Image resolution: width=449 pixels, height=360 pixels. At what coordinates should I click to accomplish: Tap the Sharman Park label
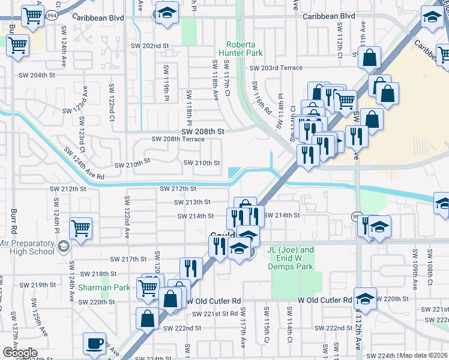tap(104, 287)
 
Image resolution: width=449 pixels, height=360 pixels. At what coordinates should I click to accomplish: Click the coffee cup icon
tap(95, 343)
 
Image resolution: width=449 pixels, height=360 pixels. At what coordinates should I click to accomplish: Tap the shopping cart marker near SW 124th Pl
tap(80, 228)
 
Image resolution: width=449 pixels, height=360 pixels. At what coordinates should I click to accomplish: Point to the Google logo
tap(19, 353)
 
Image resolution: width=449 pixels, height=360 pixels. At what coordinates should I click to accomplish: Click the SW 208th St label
tap(203, 131)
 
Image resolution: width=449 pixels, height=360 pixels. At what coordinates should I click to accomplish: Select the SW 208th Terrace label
tap(178, 139)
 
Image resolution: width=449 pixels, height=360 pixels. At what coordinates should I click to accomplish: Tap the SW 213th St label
tap(194, 202)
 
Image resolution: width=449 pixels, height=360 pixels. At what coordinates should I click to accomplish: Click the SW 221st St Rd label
tap(215, 314)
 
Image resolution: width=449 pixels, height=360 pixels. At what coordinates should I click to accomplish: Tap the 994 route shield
tap(53, 16)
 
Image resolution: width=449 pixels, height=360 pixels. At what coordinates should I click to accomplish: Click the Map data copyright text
tap(424, 355)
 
